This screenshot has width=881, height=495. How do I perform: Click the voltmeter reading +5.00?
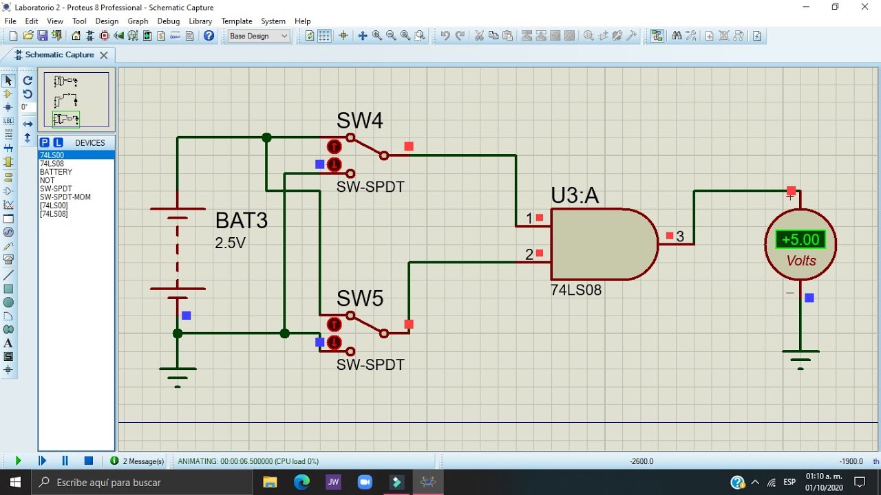tap(800, 239)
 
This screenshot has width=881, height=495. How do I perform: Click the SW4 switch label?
tap(359, 120)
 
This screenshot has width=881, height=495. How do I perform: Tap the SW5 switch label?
tap(359, 298)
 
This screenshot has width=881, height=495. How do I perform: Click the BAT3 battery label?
tap(242, 220)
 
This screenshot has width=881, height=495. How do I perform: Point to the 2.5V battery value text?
tap(230, 243)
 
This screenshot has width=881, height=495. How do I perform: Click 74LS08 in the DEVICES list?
tap(52, 164)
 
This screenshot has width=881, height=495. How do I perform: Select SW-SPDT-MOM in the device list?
tap(65, 197)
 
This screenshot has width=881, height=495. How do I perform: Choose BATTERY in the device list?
tap(56, 172)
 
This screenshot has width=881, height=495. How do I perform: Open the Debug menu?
tap(169, 21)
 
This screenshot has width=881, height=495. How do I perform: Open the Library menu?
tap(200, 21)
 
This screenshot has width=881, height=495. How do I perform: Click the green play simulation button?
tap(18, 461)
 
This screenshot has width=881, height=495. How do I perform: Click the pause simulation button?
tap(65, 461)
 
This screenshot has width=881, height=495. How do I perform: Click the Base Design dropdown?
tap(258, 36)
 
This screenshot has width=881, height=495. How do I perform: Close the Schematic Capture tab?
tap(104, 56)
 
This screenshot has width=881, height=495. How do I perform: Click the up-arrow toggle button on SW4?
tap(334, 147)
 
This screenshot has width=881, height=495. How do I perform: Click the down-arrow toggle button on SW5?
tap(334, 342)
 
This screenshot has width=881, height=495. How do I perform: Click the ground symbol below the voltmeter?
tap(800, 360)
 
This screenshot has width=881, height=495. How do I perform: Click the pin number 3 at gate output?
tap(680, 236)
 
